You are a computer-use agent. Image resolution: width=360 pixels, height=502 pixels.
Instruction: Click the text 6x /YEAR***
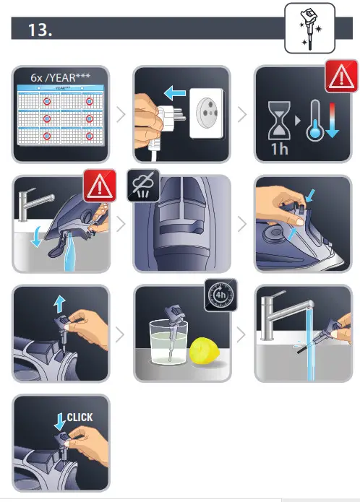pos(59,76)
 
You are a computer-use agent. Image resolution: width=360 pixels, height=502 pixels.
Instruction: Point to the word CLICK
pos(80,417)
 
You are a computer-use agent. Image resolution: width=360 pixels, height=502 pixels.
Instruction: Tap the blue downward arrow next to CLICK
pos(59,420)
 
